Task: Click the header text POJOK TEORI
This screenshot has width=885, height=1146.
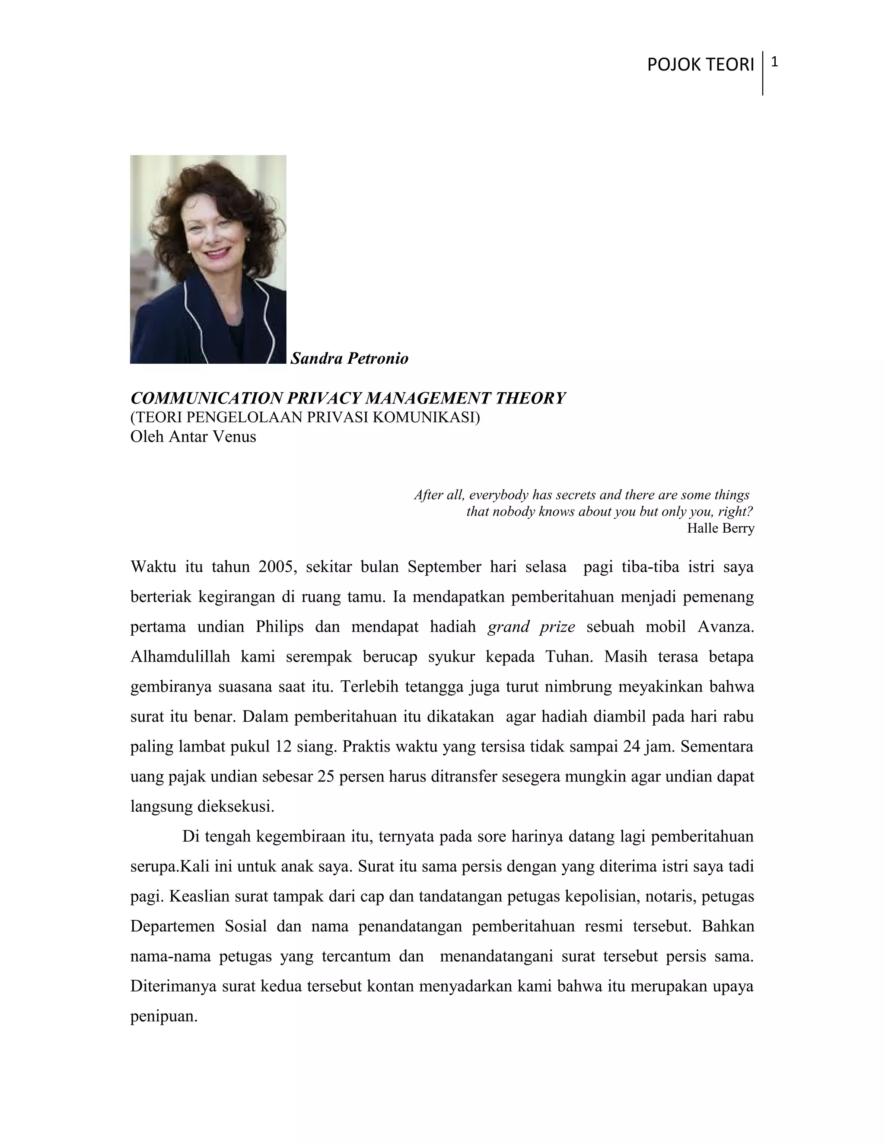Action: [x=700, y=64]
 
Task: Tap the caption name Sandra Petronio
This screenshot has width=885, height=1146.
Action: [x=349, y=359]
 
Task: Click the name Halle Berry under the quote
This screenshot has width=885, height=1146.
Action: [x=720, y=528]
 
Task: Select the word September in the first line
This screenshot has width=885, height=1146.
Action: [x=443, y=567]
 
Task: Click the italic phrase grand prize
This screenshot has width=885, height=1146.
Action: [x=531, y=627]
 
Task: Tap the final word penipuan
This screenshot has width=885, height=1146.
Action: [x=164, y=1016]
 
